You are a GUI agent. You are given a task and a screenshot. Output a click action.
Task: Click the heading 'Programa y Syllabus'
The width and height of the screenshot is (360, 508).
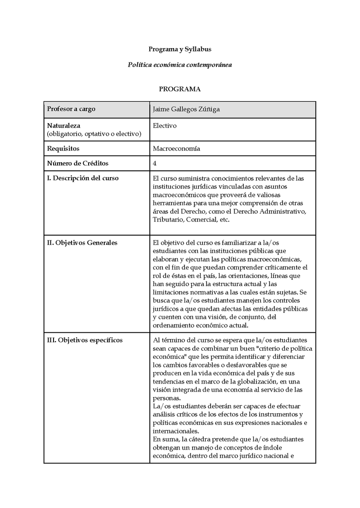tap(180, 49)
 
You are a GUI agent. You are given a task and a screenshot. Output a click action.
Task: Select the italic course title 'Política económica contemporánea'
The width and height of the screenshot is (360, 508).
tap(180, 65)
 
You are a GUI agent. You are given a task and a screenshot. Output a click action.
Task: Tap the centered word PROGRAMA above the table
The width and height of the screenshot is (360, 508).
tap(180, 89)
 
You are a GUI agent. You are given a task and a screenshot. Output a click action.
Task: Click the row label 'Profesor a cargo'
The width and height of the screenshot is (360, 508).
tap(71, 109)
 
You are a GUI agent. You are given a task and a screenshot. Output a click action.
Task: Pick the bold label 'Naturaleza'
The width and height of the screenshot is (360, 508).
tap(63, 126)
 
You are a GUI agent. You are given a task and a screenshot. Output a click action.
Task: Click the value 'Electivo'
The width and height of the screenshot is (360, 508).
tap(165, 126)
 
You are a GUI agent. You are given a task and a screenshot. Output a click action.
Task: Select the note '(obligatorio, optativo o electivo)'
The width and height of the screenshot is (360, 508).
tap(94, 134)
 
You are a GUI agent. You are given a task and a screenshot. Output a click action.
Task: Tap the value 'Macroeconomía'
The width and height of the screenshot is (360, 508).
tap(176, 148)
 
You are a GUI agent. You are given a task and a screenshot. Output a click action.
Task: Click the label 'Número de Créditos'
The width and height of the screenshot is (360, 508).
tap(78, 163)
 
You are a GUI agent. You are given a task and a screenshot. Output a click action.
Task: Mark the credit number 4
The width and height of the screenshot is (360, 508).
tap(155, 163)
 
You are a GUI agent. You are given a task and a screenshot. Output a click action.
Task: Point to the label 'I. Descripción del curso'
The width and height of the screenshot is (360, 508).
tap(83, 178)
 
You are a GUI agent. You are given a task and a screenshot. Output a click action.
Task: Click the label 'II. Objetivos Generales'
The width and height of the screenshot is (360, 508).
tap(82, 243)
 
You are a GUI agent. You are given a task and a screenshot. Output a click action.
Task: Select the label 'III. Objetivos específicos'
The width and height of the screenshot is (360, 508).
tap(85, 340)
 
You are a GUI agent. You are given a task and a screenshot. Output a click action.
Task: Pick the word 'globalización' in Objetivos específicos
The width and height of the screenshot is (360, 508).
tap(252, 382)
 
